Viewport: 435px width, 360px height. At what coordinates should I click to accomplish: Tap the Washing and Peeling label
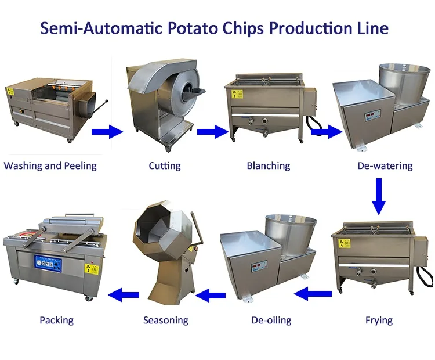tap(50, 166)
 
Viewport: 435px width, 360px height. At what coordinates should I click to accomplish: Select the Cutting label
tap(164, 166)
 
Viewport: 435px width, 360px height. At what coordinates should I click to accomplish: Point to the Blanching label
tap(268, 166)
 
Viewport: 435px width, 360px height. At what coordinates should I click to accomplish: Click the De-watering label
tap(385, 166)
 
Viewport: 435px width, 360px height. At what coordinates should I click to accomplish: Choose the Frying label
tap(379, 320)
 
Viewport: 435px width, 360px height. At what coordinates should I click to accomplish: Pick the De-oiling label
tap(271, 320)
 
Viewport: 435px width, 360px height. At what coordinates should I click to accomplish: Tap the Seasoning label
tap(166, 320)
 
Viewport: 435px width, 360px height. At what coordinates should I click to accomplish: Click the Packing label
tap(56, 320)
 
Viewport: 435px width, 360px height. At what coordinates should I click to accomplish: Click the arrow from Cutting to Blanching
tap(212, 132)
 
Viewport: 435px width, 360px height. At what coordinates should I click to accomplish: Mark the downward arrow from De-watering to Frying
tap(379, 196)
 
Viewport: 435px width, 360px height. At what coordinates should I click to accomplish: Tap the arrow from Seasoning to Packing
tap(125, 295)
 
